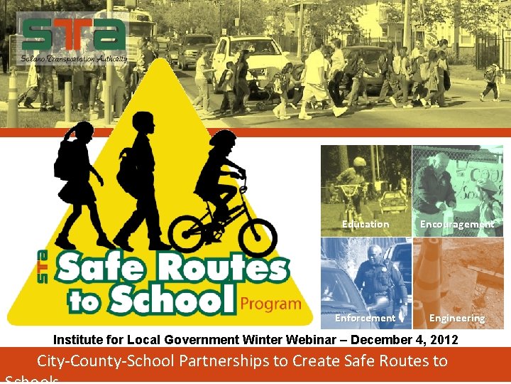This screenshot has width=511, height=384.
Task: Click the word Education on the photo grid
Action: click(366, 224)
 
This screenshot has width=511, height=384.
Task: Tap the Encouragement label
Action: click(456, 224)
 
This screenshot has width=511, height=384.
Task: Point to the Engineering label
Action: click(457, 318)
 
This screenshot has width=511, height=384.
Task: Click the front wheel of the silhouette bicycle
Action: click(256, 237)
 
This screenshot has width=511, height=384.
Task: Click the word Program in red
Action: click(270, 304)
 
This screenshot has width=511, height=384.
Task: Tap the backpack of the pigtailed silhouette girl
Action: click(65, 159)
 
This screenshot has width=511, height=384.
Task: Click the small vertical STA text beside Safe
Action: click(43, 267)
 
